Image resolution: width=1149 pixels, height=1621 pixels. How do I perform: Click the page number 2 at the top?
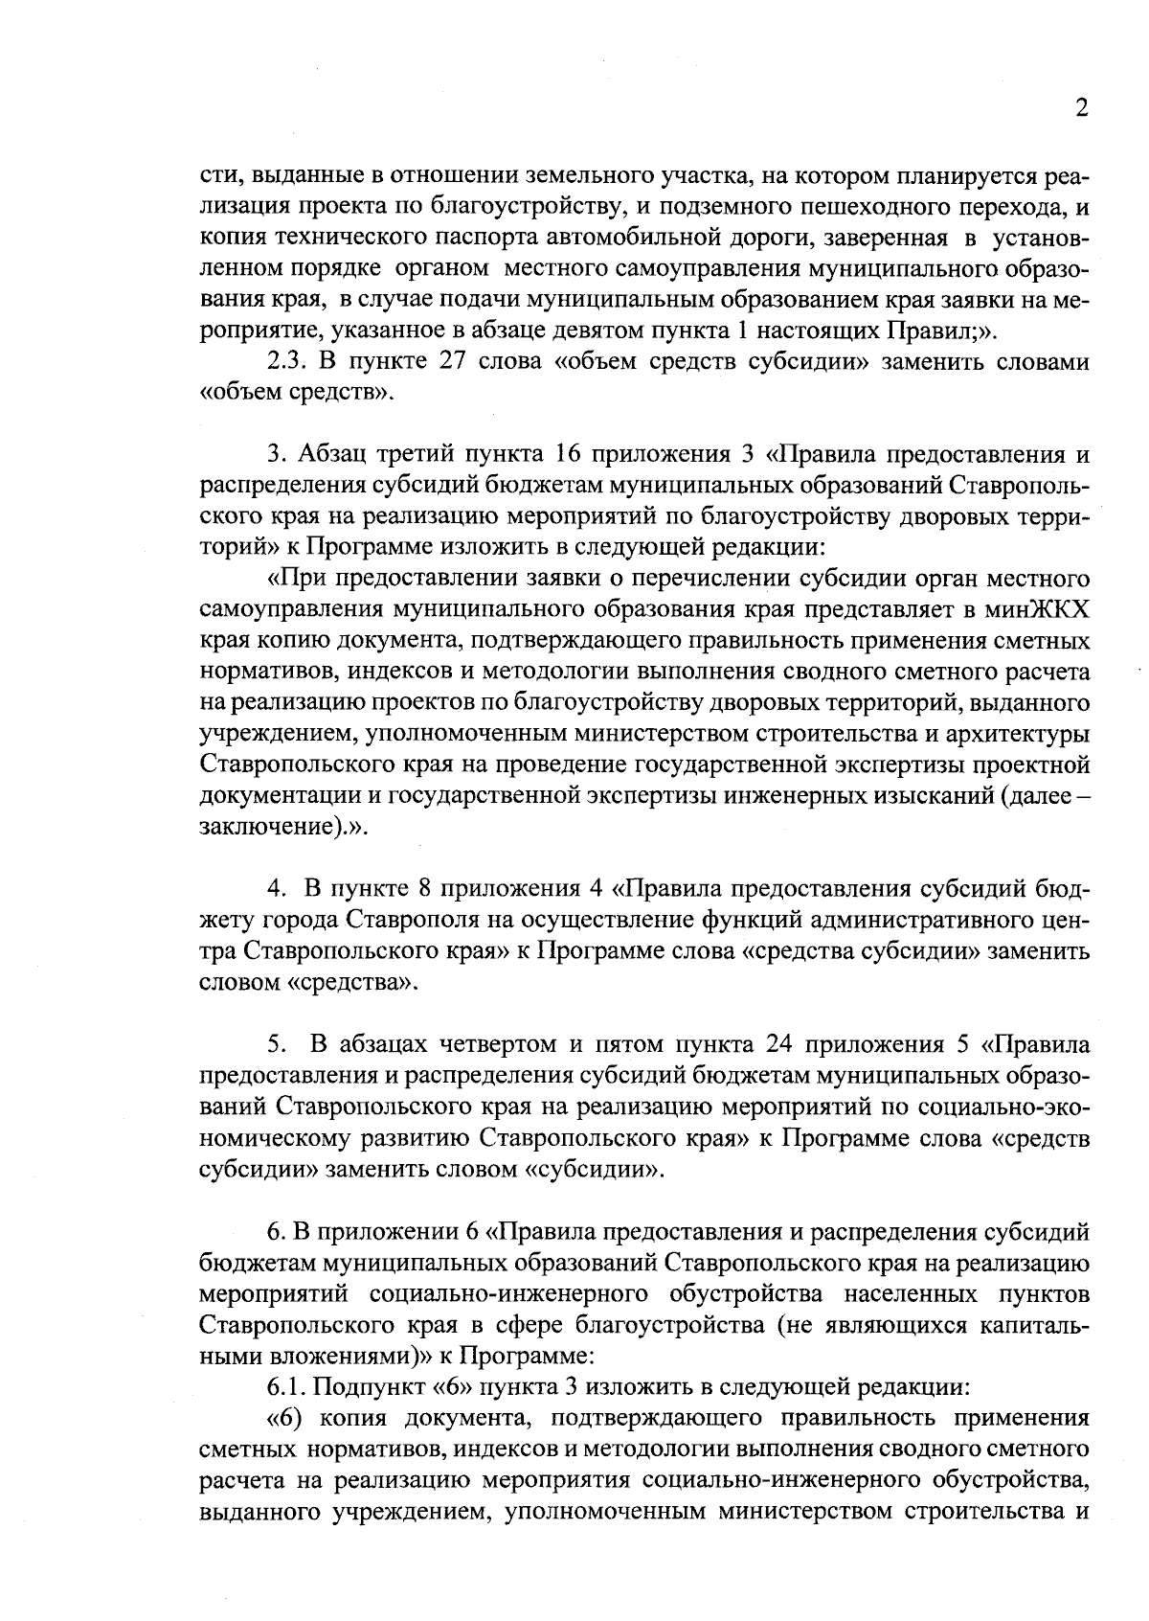[x=1081, y=108]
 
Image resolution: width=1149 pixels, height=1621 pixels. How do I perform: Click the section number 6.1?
[x=286, y=1387]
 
